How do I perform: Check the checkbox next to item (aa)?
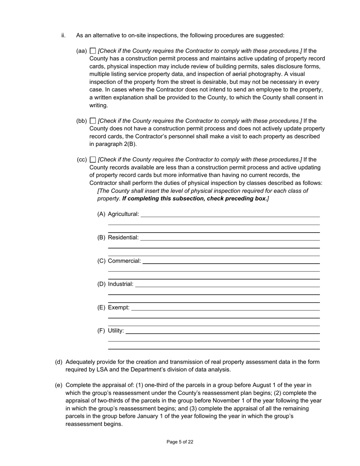pyautogui.click(x=93, y=51)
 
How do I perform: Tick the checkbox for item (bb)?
pyautogui.click(x=93, y=121)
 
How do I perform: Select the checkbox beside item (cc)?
pyautogui.click(x=93, y=160)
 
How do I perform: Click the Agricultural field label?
pyautogui.click(x=124, y=214)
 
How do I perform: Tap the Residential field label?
pyautogui.click(x=123, y=238)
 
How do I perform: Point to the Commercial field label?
pyautogui.click(x=124, y=261)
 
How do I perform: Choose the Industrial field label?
pyautogui.click(x=121, y=284)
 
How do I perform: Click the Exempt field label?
pyautogui.click(x=119, y=308)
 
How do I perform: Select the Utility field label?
pyautogui.click(x=116, y=331)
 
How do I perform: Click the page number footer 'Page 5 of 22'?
pyautogui.click(x=180, y=442)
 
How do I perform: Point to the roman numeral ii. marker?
pyautogui.click(x=63, y=35)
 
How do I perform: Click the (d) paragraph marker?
pyautogui.click(x=59, y=362)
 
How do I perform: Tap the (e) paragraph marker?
pyautogui.click(x=59, y=385)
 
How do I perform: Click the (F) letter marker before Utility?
pyautogui.click(x=101, y=331)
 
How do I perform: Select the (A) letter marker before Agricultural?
pyautogui.click(x=101, y=214)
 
